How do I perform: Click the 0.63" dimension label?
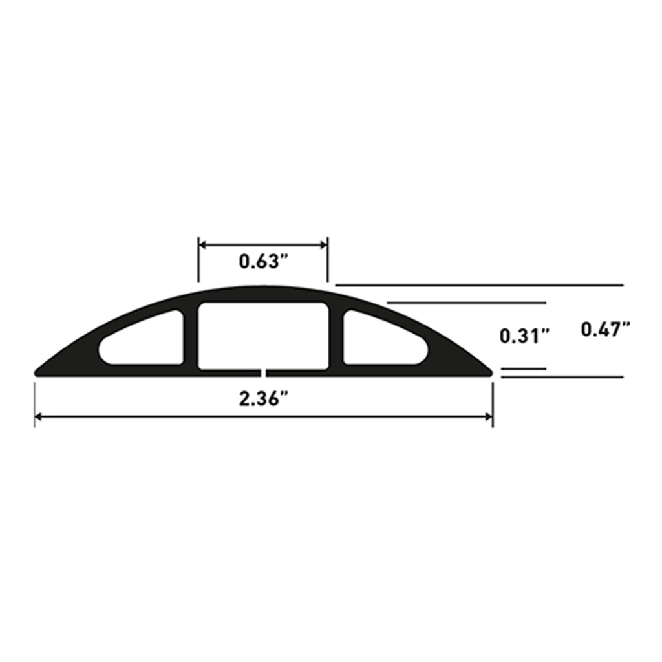pyautogui.click(x=262, y=262)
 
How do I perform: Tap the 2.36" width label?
pyautogui.click(x=262, y=399)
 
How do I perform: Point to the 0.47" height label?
pyautogui.click(x=605, y=330)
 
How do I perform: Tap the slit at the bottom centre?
pyautogui.click(x=264, y=372)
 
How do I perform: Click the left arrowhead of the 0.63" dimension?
pyautogui.click(x=202, y=245)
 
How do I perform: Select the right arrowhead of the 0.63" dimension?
pyautogui.click(x=325, y=245)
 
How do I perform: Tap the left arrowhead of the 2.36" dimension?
pyautogui.click(x=38, y=417)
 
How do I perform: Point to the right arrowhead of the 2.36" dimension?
pyautogui.click(x=489, y=417)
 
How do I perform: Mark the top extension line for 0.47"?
pyautogui.click(x=478, y=284)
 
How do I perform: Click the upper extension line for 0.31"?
pyautogui.click(x=465, y=303)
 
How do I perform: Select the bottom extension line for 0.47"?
pyautogui.click(x=562, y=376)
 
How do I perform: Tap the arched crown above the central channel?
pyautogui.click(x=262, y=293)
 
